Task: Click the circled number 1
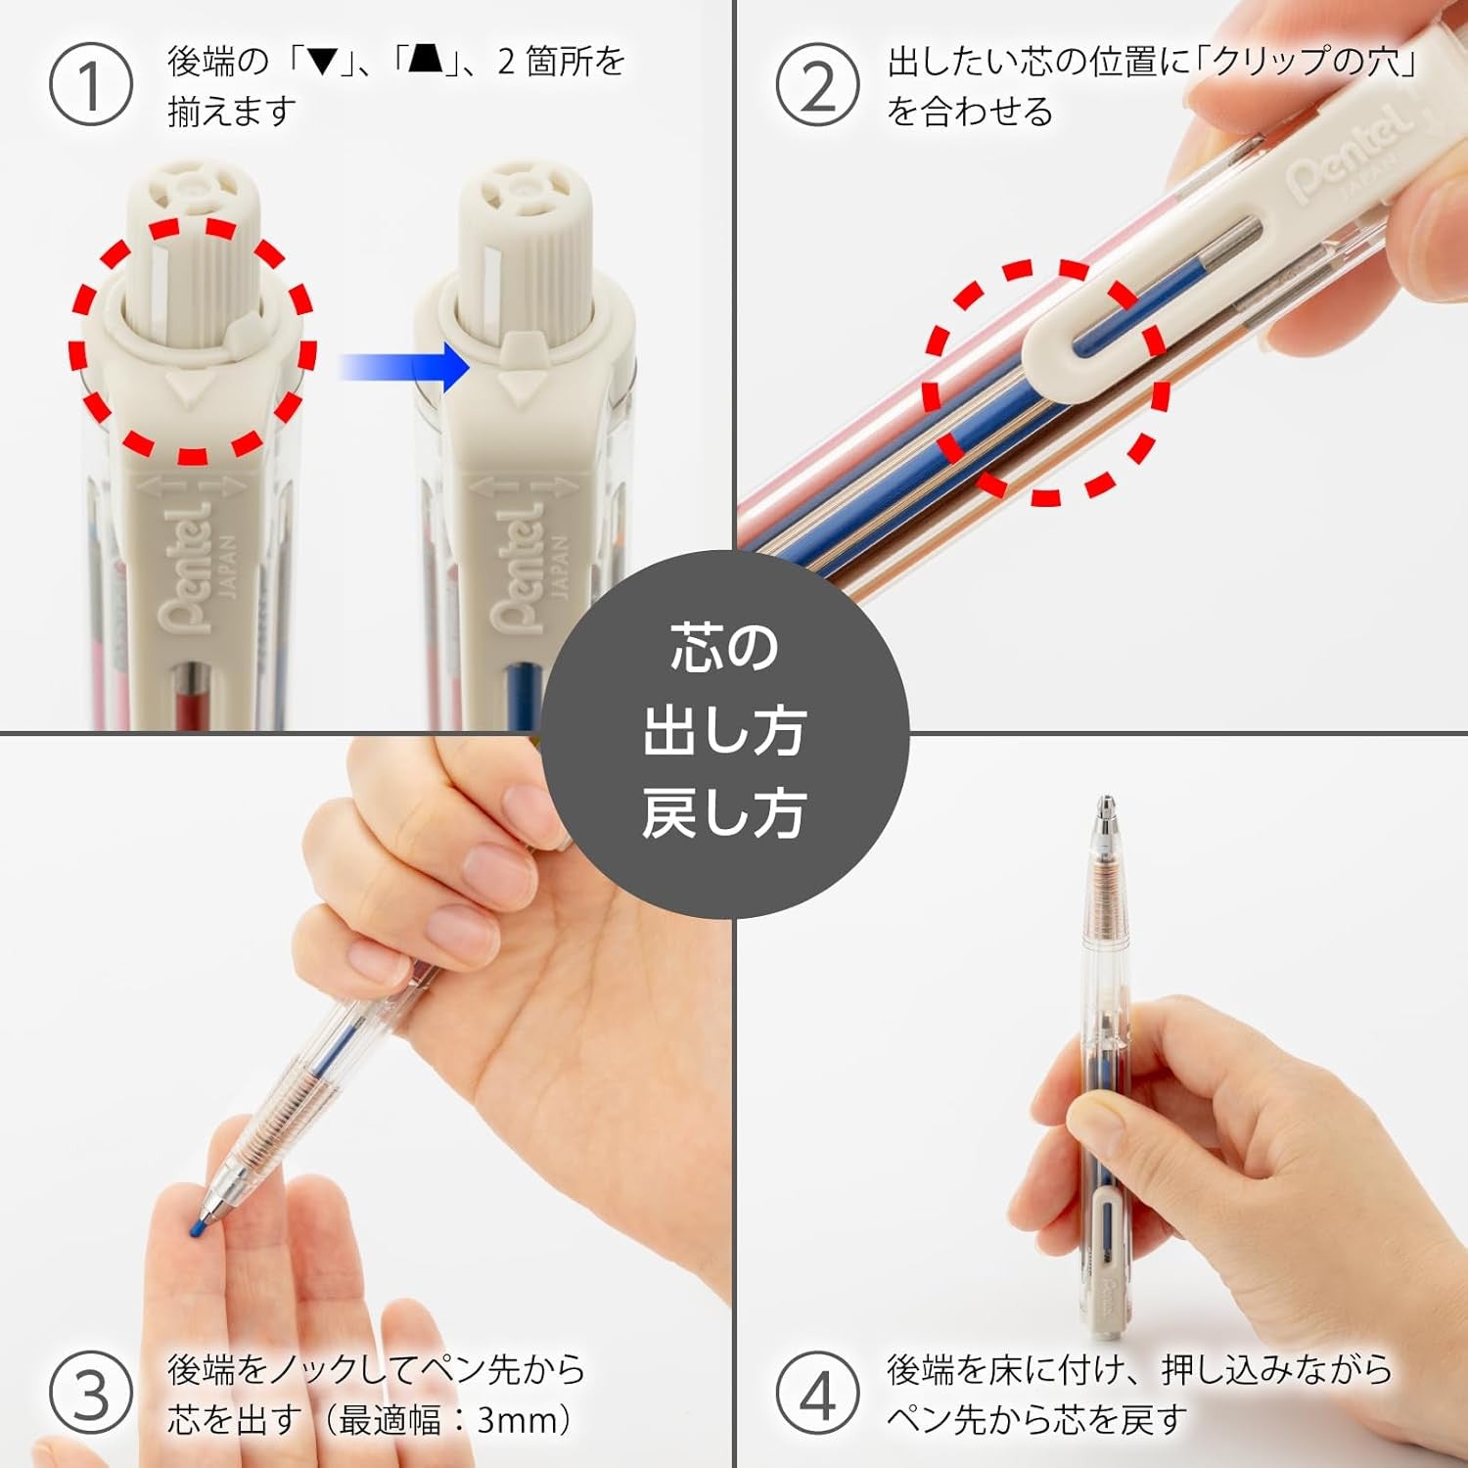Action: [90, 85]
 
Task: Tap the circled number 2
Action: [818, 85]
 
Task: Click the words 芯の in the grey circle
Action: [723, 648]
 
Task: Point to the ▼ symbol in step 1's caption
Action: [323, 63]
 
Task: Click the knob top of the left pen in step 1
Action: [192, 190]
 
